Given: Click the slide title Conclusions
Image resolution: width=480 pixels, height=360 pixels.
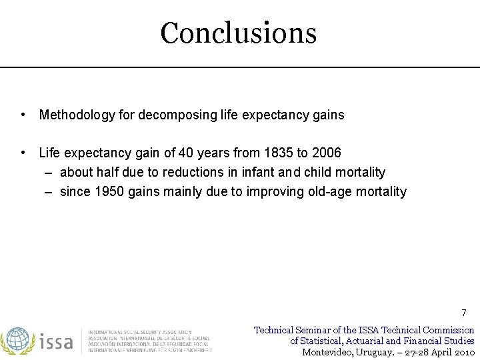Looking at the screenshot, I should [238, 33].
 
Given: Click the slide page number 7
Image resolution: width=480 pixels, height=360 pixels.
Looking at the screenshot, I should [464, 313].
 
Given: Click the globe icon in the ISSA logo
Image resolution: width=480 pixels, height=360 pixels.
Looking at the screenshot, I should [17, 341].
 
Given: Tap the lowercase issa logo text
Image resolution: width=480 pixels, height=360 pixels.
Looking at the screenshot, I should [56, 341].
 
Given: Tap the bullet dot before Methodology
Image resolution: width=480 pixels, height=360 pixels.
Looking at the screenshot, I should [23, 115].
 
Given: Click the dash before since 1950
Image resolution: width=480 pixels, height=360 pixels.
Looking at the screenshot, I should [51, 192].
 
